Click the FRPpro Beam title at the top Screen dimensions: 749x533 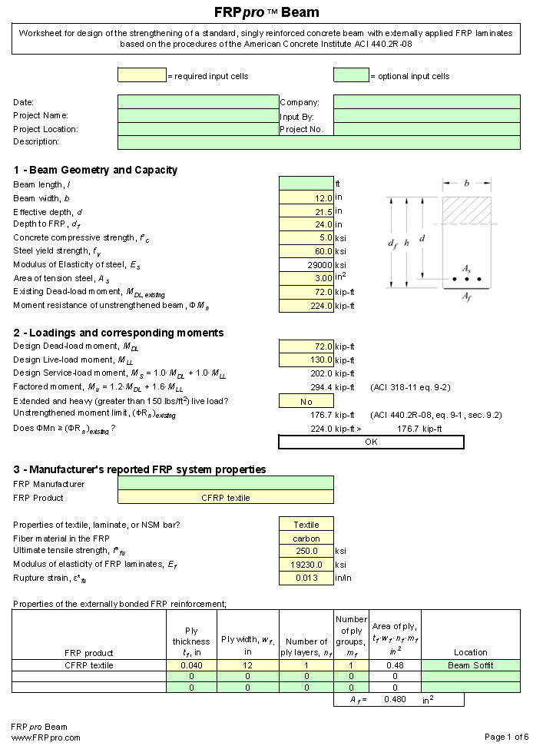[266, 12]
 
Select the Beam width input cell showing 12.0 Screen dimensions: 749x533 [306, 197]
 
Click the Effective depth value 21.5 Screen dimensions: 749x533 [306, 211]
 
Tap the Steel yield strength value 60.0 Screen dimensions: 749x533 [306, 251]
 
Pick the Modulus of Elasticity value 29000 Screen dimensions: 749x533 [306, 265]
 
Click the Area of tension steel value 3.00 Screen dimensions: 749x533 [306, 278]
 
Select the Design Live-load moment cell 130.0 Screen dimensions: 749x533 [306, 360]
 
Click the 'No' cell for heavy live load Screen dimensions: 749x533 [306, 401]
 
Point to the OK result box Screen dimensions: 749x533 [371, 442]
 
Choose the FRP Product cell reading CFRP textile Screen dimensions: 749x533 [226, 498]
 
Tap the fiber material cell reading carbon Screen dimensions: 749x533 [306, 539]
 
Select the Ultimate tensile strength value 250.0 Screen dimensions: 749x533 [306, 552]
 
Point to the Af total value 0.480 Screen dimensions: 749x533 [394, 700]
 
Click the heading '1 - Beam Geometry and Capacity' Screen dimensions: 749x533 [95, 170]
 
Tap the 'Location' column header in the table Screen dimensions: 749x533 [470, 652]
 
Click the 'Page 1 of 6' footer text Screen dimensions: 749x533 [506, 737]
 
